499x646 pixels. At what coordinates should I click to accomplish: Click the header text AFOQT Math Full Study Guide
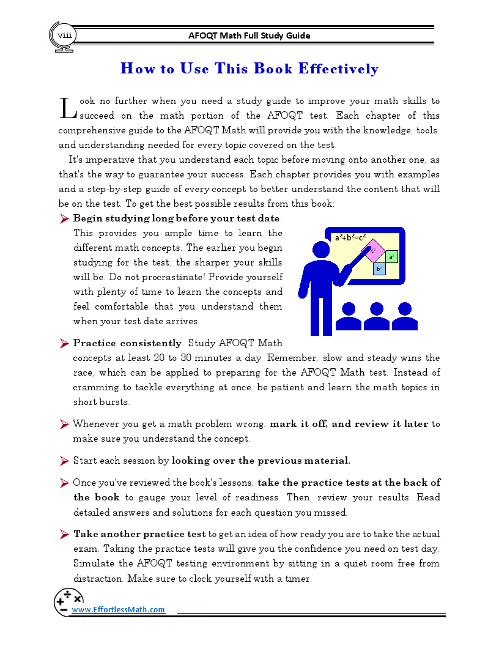[250, 35]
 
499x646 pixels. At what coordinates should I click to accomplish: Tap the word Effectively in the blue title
[338, 69]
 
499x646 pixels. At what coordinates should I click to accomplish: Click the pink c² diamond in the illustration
[374, 251]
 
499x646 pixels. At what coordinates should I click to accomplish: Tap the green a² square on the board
[391, 256]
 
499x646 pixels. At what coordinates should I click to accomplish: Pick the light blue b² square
[379, 269]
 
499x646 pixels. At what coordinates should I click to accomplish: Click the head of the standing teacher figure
[321, 249]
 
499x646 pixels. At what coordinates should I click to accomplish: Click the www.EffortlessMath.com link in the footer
[119, 609]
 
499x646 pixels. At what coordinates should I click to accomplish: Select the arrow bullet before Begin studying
[64, 218]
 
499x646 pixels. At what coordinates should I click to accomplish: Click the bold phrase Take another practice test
[140, 534]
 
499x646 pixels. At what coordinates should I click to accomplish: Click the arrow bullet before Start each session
[64, 461]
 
